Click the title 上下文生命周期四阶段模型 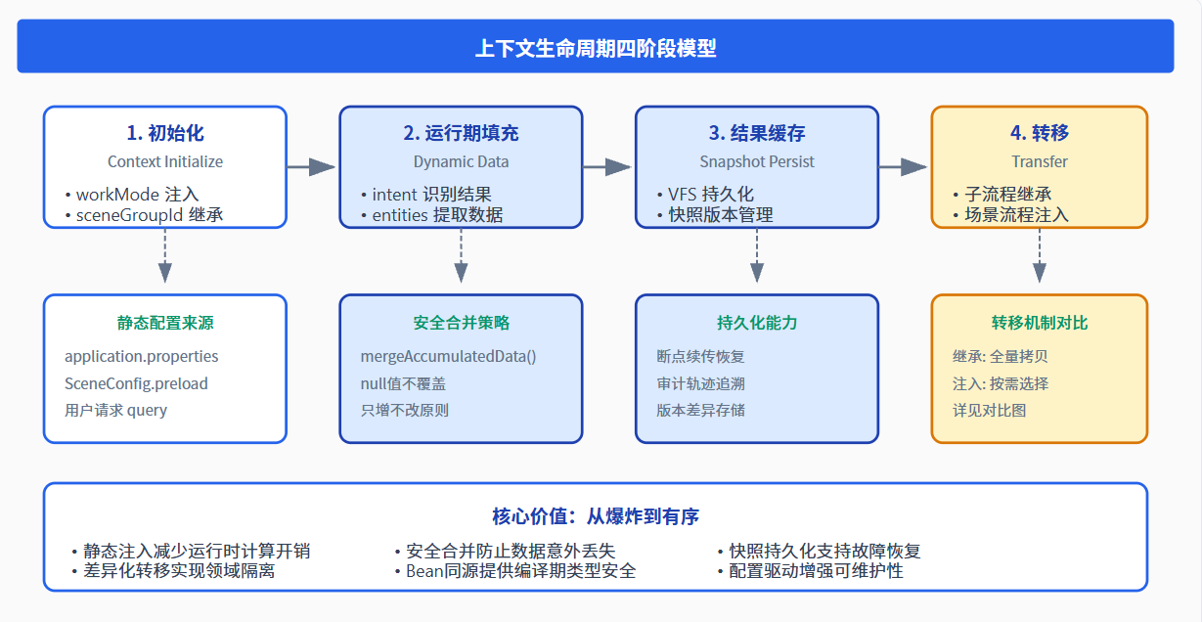coord(596,48)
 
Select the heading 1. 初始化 coord(165,133)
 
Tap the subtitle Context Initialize coord(165,161)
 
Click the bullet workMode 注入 coord(131,195)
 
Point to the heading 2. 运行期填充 coord(461,133)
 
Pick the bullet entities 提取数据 coord(431,215)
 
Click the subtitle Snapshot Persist coord(757,161)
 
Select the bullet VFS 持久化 coord(705,195)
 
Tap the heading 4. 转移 coord(1040,133)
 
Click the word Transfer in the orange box coord(1040,161)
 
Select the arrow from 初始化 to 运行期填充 coord(311,167)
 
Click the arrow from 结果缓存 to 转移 coord(903,167)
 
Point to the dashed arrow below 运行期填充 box coord(461,255)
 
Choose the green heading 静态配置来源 coord(165,323)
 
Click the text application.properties coord(141,356)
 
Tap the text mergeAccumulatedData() coord(448,356)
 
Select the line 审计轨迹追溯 coord(700,383)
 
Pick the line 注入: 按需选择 coord(1001,383)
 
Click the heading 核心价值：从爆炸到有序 coord(596,516)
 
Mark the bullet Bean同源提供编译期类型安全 coord(515,571)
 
